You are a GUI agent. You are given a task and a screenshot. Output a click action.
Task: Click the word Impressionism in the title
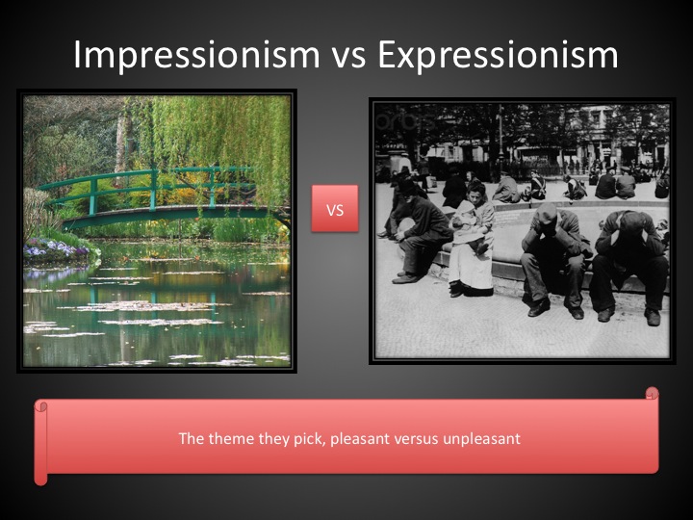click(196, 55)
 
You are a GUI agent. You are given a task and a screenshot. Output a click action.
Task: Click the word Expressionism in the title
click(498, 55)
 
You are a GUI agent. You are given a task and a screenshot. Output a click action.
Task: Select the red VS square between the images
click(335, 208)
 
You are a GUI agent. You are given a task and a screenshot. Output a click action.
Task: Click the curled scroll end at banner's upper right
click(652, 393)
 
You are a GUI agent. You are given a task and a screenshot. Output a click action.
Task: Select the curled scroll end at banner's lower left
click(40, 478)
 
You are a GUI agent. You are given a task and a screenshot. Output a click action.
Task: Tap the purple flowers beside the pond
click(55, 248)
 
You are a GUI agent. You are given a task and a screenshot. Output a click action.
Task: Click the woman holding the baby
click(472, 239)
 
